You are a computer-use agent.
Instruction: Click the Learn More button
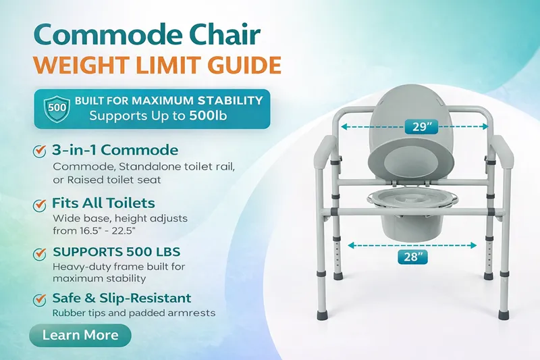[x=80, y=335]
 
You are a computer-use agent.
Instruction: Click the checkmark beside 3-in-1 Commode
[x=40, y=151]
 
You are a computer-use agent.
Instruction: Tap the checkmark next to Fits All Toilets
[x=40, y=204]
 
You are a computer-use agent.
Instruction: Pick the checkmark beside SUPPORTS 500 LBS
[x=40, y=254]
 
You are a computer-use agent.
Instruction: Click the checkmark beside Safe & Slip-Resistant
[x=40, y=299]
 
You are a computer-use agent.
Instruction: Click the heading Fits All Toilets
[x=103, y=203]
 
